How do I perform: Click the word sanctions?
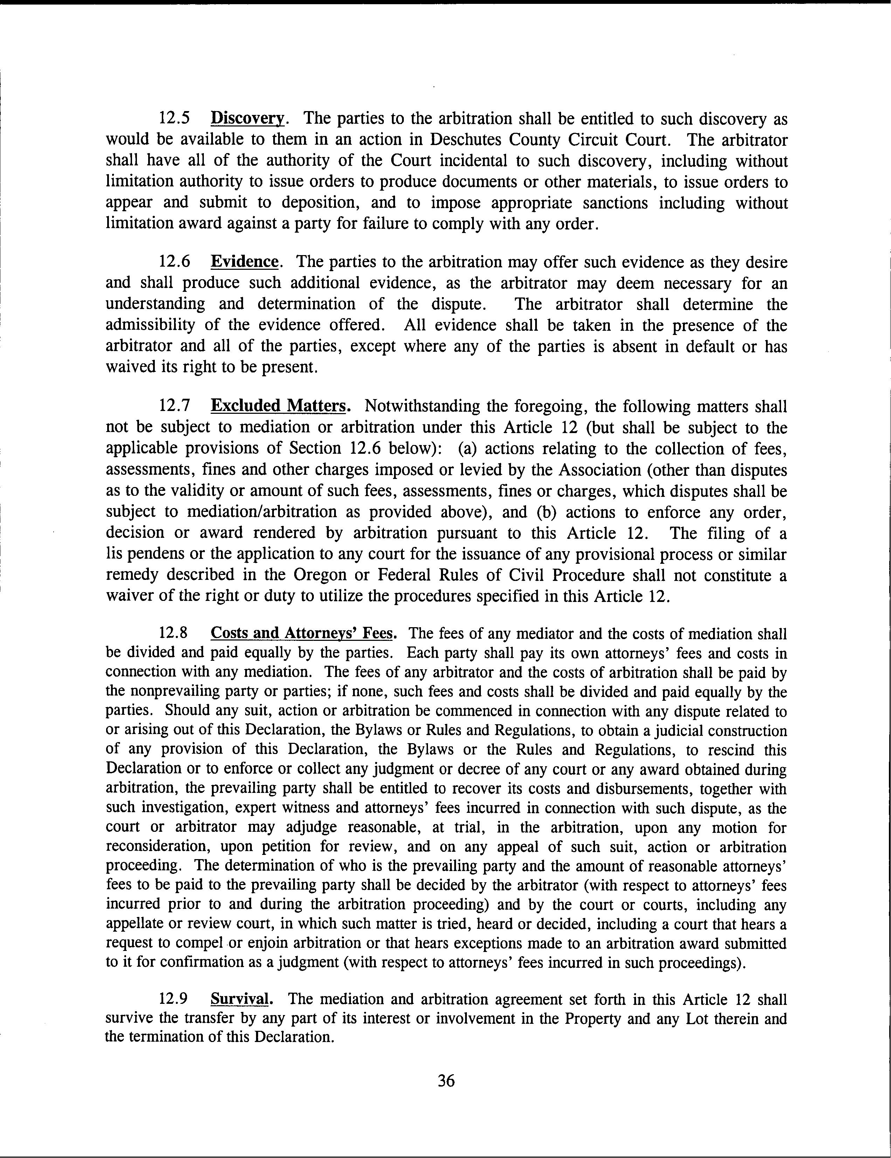point(615,203)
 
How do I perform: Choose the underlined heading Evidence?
point(244,262)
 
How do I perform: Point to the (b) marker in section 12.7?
point(547,512)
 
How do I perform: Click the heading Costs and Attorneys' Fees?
point(303,634)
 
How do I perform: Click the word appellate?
point(134,924)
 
